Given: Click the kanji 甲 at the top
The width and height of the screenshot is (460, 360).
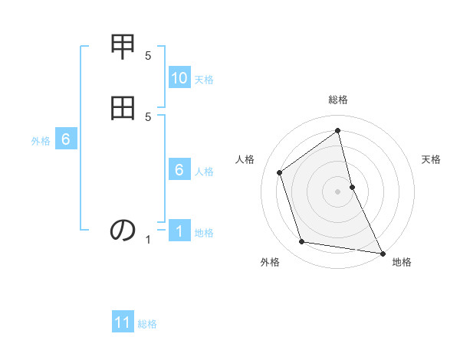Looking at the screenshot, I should (x=123, y=47).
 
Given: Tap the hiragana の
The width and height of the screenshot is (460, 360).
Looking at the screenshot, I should (x=123, y=230).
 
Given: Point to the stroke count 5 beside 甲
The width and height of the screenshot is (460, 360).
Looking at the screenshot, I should (x=148, y=56).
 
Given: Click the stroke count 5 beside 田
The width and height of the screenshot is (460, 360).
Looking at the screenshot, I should (x=148, y=116).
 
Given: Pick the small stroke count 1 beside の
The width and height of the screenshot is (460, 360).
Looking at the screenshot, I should (x=148, y=240).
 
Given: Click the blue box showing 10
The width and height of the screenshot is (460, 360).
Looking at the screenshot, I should (x=179, y=78).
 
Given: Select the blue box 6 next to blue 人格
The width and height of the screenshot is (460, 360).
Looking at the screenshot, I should (x=179, y=170).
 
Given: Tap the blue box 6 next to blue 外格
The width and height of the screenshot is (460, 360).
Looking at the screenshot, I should (x=66, y=139).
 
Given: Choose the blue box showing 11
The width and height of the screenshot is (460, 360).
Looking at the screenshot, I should (x=123, y=322).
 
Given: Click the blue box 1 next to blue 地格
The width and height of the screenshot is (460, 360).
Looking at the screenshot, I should (x=179, y=231).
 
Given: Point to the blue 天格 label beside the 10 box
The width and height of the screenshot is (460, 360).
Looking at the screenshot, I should (x=204, y=80).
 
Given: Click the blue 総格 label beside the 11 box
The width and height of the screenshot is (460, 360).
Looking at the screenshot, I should (x=147, y=324).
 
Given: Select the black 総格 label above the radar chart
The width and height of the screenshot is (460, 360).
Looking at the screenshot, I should (x=338, y=100).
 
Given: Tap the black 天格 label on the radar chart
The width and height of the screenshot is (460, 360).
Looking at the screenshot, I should (x=431, y=159).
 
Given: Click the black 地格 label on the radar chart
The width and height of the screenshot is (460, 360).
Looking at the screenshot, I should (x=402, y=262).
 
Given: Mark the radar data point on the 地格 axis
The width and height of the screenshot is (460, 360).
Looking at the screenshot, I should (x=382, y=252).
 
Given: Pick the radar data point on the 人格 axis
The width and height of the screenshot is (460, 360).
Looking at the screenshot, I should (x=280, y=172).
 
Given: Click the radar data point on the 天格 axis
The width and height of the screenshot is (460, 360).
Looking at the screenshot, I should (x=352, y=187).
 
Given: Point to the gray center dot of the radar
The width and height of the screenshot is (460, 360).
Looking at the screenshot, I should (x=338, y=191).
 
